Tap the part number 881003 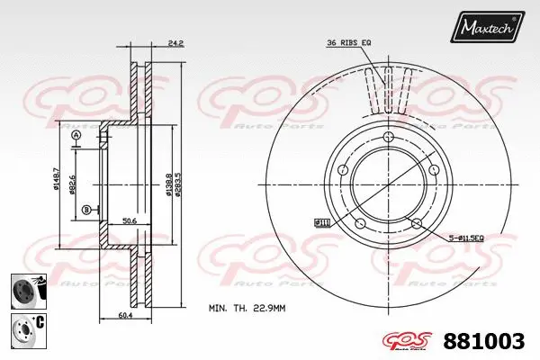(x=485, y=343)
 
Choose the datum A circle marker (x=76, y=135)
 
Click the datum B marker (x=86, y=210)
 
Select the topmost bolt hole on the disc (x=389, y=137)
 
